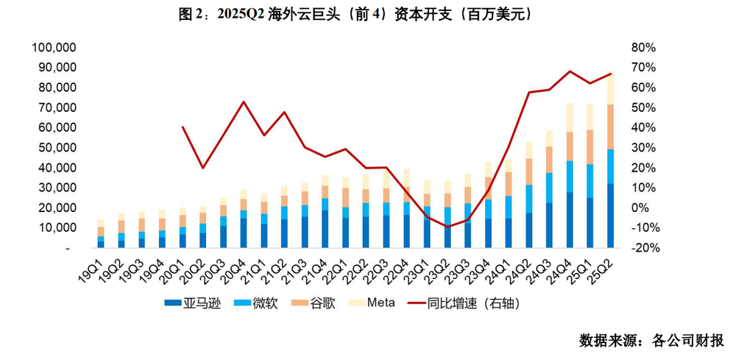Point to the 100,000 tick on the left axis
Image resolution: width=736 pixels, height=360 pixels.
tap(55, 48)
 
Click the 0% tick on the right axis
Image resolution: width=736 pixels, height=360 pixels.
tap(639, 208)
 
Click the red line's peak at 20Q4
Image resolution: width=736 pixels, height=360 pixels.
tap(244, 102)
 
